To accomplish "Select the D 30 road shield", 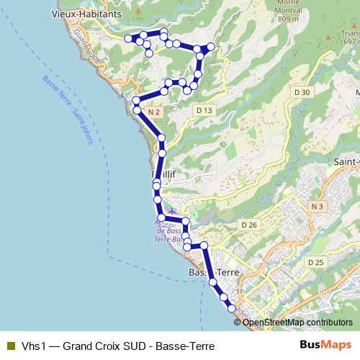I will tap(302, 92).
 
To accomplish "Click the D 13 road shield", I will tap(204, 110).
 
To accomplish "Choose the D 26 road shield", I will tap(249, 225).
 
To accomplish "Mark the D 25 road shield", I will tap(315, 262).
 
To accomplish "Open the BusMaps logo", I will tap(325, 345).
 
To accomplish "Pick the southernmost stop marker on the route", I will tap(232, 309).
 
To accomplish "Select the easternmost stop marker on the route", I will tap(212, 47).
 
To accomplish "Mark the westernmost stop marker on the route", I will tap(128, 38).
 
